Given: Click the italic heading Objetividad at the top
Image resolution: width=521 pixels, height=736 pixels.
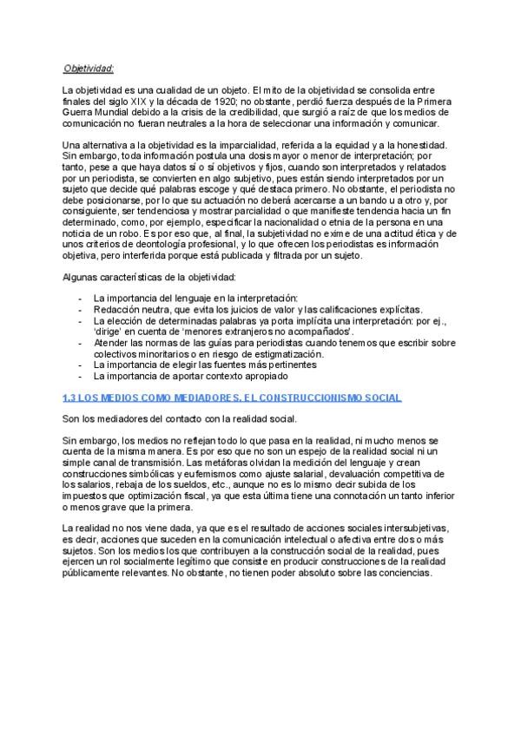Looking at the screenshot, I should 89,68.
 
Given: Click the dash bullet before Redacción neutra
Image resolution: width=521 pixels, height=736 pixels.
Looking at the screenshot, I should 80,309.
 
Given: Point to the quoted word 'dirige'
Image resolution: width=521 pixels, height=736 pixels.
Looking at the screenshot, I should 108,332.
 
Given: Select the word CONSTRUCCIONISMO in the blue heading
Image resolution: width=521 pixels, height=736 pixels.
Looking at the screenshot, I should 300,398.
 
